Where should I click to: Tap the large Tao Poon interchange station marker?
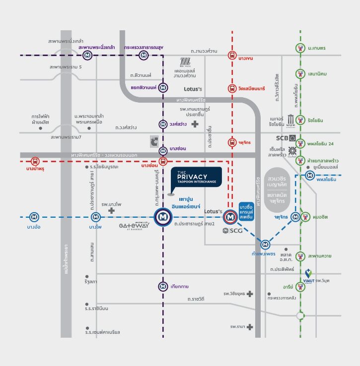163,217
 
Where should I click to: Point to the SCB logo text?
283,138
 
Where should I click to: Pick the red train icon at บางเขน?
232,56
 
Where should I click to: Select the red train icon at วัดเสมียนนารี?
232,88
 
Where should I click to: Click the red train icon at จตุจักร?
232,143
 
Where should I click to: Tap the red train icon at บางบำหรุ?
35,161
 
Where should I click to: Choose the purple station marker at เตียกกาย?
163,286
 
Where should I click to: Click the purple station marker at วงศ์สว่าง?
163,124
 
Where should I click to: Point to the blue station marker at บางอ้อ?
34,217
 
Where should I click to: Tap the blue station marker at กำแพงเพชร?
266,244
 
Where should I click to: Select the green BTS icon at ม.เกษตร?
300,49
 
